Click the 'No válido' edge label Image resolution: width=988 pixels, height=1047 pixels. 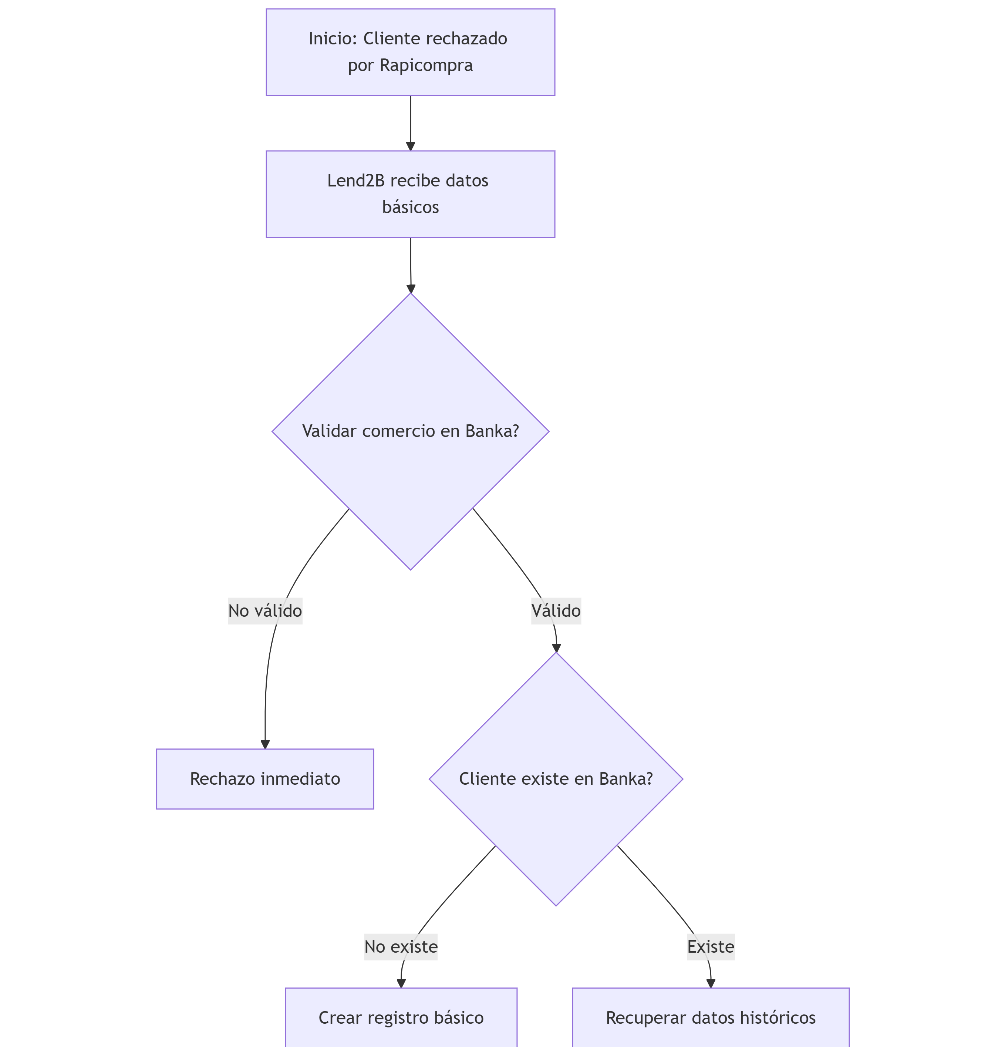point(265,610)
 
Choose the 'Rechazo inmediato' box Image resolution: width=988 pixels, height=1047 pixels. point(265,778)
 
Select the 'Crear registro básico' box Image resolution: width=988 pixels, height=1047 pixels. point(401,1017)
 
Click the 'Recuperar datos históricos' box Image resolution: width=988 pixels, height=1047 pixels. point(711,1017)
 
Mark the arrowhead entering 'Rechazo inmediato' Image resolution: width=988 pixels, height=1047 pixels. point(265,744)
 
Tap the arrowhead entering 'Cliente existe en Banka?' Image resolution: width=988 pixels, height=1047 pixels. point(556,648)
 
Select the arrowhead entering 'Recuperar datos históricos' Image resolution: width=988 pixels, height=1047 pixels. point(711,983)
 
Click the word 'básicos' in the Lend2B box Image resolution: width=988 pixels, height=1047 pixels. point(410,207)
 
